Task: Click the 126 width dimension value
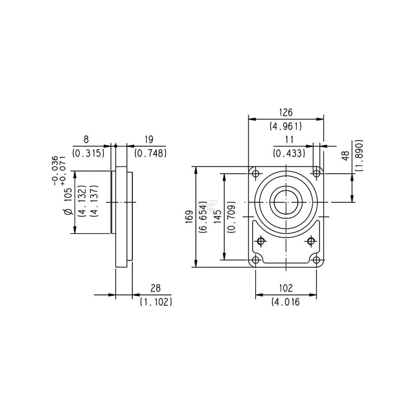(x=286, y=113)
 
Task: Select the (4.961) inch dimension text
(x=286, y=127)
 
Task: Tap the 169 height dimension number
(x=189, y=217)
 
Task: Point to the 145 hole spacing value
(x=217, y=216)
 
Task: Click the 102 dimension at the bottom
(x=286, y=288)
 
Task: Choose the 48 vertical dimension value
(x=345, y=156)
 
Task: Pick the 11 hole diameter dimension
(x=289, y=140)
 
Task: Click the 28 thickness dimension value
(x=155, y=288)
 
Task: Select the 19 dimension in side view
(x=149, y=140)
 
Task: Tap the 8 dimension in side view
(x=86, y=140)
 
